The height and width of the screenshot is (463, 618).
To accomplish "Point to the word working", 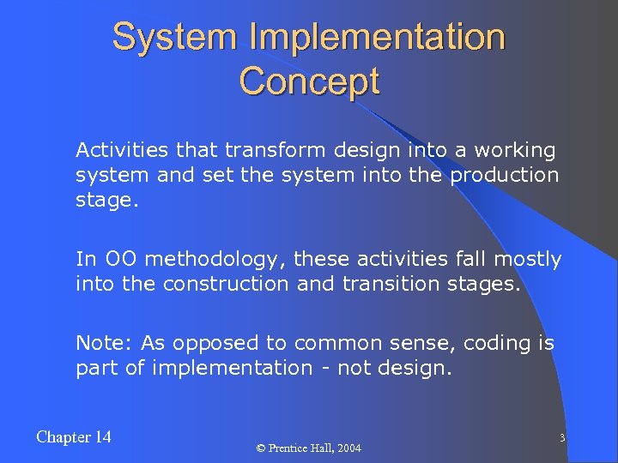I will pos(518,152).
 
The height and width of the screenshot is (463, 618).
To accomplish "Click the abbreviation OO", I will pos(115,259).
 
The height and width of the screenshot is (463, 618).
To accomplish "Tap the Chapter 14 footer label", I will pos(74,437).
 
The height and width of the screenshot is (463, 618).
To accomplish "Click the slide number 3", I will pos(561,438).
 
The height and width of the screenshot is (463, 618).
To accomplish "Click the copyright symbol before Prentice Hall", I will pos(264,448).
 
